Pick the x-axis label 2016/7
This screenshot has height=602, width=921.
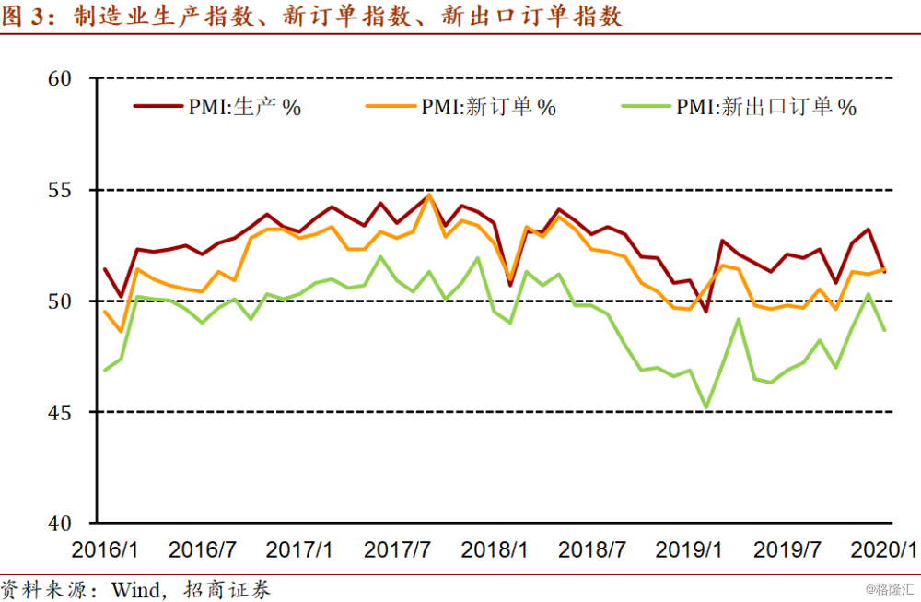pos(202,550)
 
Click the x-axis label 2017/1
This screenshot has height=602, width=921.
pos(299,550)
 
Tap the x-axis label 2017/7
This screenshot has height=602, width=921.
pos(397,550)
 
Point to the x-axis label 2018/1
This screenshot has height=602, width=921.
pos(495,550)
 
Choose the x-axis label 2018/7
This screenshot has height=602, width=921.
pos(592,550)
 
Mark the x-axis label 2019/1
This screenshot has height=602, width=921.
pos(689,550)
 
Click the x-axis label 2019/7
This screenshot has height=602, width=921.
pos(787,550)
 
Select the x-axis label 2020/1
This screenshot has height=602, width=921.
pos(884,550)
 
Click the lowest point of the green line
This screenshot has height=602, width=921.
pos(706,407)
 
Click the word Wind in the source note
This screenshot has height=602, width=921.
pos(134,588)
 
